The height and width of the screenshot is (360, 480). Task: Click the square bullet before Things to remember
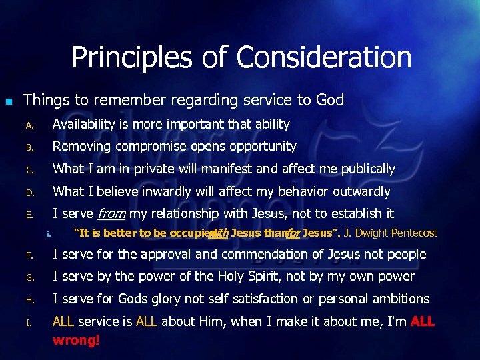pos(9,101)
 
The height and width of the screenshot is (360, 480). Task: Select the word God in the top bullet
pos(329,101)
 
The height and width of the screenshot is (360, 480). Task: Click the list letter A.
pos(29,125)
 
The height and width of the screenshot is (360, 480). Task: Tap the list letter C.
pos(29,170)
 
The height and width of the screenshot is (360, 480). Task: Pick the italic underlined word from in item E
pos(112,214)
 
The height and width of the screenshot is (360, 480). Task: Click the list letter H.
pos(29,300)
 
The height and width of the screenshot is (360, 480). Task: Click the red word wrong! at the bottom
pos(76,339)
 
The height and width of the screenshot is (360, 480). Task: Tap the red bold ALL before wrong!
pos(423,322)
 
